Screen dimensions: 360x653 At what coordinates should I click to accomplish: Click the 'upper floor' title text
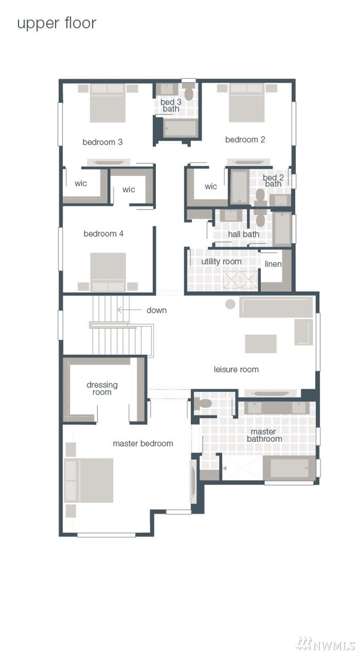click(56, 24)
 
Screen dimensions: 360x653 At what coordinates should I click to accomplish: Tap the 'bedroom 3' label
click(102, 142)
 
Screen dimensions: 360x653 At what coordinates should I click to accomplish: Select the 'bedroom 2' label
click(245, 140)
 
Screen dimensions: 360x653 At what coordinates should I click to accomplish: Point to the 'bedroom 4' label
click(103, 234)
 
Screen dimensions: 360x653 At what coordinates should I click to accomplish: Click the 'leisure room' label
click(236, 369)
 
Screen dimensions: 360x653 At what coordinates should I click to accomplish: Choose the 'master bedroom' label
click(143, 443)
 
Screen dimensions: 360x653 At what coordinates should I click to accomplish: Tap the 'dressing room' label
click(102, 388)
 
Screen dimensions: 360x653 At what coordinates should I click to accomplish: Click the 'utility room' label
click(222, 262)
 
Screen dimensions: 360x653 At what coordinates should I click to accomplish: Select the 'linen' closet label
click(273, 264)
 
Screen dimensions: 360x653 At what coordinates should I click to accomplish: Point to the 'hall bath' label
click(243, 234)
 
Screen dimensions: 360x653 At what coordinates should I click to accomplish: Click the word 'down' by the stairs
click(156, 310)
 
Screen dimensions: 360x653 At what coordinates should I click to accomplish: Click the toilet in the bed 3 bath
click(189, 91)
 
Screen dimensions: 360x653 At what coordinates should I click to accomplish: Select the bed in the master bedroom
click(89, 480)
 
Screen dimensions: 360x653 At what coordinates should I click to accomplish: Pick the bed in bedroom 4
click(108, 272)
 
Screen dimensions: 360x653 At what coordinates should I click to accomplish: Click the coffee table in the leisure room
click(260, 344)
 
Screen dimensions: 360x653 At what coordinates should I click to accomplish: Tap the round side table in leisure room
click(230, 304)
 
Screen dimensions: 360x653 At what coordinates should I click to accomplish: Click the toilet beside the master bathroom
click(203, 403)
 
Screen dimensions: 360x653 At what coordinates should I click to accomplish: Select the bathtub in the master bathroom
click(289, 468)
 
